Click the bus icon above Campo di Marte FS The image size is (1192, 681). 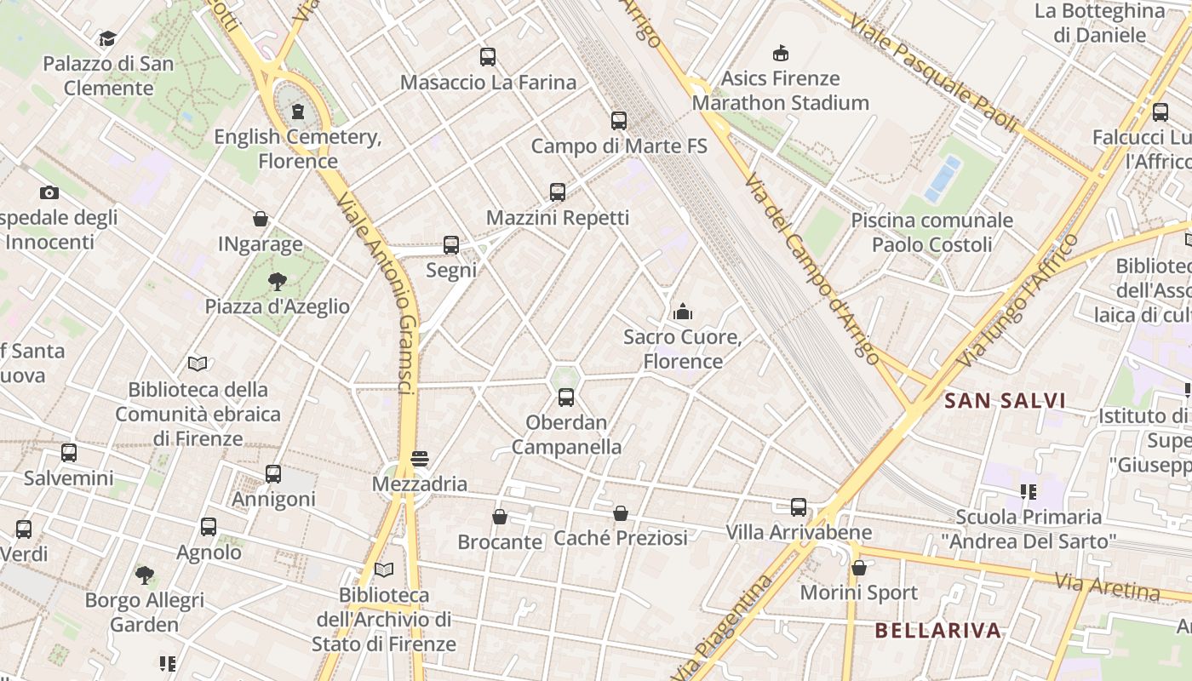(x=619, y=121)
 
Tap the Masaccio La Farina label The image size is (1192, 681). (x=488, y=83)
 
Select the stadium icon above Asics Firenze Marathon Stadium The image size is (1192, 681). (x=780, y=54)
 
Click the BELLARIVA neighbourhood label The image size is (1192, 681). (x=937, y=631)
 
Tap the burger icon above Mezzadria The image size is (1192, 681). (x=419, y=459)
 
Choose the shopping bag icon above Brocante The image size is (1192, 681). (x=500, y=517)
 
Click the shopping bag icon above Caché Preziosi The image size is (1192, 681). (x=621, y=513)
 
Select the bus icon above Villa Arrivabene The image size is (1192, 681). (x=799, y=507)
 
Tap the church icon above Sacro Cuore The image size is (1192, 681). (x=683, y=312)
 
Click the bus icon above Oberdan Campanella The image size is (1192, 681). (x=566, y=398)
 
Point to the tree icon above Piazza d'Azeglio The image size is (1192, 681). (x=277, y=282)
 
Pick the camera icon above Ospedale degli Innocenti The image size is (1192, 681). (x=49, y=193)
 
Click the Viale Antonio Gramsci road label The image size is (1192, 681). (x=375, y=293)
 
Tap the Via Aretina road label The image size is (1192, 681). (x=1107, y=586)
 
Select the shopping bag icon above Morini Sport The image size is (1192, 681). (x=859, y=568)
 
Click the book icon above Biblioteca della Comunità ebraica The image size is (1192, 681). (x=198, y=364)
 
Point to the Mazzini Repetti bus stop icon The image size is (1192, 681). (x=558, y=192)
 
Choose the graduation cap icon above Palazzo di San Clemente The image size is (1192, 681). (x=107, y=39)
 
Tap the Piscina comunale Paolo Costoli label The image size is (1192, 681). (x=932, y=232)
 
